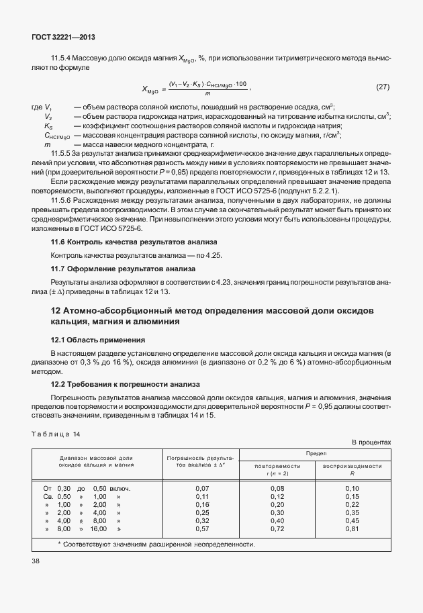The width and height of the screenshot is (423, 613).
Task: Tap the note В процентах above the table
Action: tap(371, 442)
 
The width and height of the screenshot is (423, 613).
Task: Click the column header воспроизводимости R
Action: tap(352, 469)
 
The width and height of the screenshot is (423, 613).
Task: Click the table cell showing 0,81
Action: tap(352, 528)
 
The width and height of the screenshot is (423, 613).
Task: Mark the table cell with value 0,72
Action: tap(277, 528)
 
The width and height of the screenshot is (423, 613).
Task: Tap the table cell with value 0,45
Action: tap(352, 520)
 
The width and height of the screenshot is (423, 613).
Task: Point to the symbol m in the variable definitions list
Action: tap(48, 144)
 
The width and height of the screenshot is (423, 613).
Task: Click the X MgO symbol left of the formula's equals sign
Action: tap(151, 89)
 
